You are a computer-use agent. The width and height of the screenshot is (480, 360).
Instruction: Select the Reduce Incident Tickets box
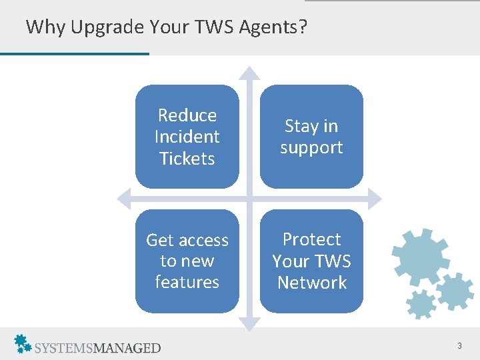187,137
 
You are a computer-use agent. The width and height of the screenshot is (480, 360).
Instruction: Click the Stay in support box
311,137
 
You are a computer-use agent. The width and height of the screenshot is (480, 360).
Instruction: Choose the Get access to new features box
187,261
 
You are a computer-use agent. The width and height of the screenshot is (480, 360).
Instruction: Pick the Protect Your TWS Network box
311,261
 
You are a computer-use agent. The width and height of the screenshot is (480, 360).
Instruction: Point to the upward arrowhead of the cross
249,72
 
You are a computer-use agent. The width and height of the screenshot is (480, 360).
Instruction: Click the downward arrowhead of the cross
249,325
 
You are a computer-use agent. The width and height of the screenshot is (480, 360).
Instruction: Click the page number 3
459,345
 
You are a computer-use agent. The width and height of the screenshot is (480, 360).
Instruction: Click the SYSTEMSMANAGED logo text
97,347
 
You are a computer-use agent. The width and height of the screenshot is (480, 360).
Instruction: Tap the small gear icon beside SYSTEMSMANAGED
23,343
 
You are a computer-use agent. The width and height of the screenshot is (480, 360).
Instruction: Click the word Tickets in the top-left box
187,159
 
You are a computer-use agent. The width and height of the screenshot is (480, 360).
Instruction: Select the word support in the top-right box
311,147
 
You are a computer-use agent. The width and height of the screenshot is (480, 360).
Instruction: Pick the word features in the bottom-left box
187,282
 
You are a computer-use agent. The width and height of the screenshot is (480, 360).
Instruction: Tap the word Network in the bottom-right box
312,283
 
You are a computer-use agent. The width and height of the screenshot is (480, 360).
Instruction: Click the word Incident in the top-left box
187,137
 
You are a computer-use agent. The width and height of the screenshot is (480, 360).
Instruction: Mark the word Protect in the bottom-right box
311,239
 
